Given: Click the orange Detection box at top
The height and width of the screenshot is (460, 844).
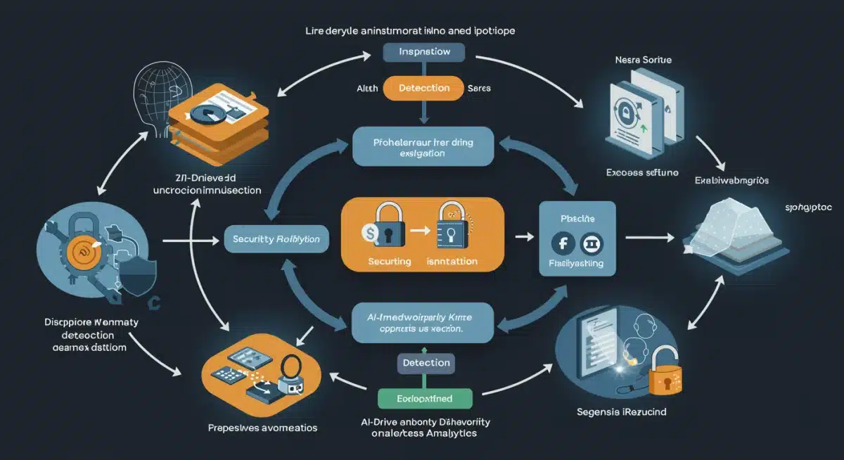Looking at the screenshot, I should click(423, 88).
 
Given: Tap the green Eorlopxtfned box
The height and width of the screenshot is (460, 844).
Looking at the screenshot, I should click(423, 398).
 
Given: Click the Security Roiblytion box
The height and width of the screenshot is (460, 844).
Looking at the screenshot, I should click(276, 239).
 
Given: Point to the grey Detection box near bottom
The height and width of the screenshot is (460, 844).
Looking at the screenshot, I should click(426, 363).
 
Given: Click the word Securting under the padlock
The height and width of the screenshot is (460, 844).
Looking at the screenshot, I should click(390, 261).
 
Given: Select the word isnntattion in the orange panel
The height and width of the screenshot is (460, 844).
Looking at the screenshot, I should click(452, 261).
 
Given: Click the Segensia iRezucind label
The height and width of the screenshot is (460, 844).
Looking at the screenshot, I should click(623, 411).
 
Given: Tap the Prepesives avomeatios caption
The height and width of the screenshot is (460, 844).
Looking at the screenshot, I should click(262, 428).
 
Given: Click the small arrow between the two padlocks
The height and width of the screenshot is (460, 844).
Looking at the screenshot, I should click(416, 229).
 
